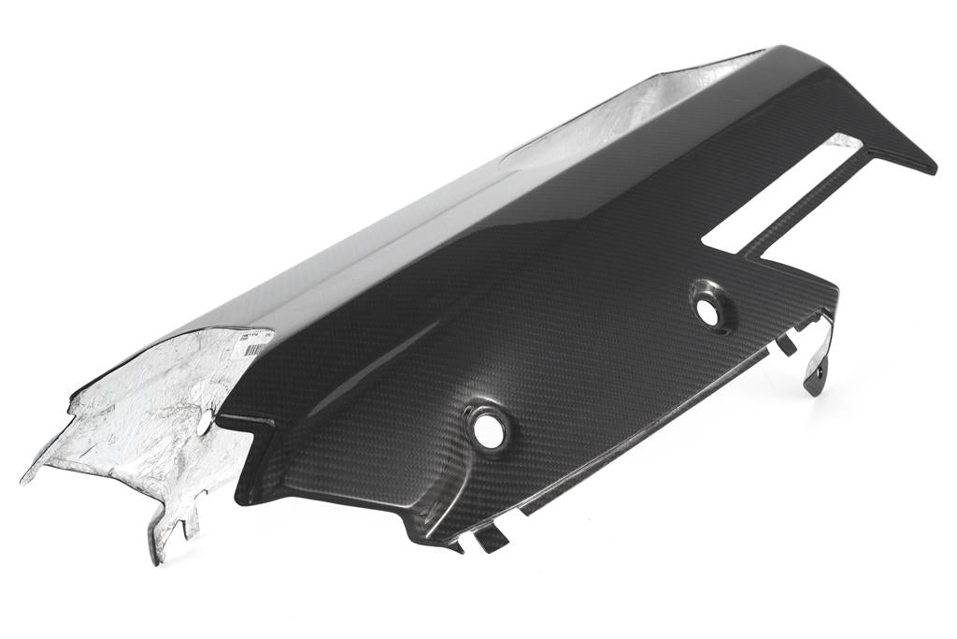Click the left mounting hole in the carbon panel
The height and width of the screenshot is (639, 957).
[x=487, y=428]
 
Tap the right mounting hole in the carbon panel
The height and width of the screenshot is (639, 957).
[x=708, y=312]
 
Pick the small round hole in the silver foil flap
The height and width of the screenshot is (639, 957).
[x=204, y=423]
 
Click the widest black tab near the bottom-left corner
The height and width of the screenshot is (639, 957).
[x=491, y=537]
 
